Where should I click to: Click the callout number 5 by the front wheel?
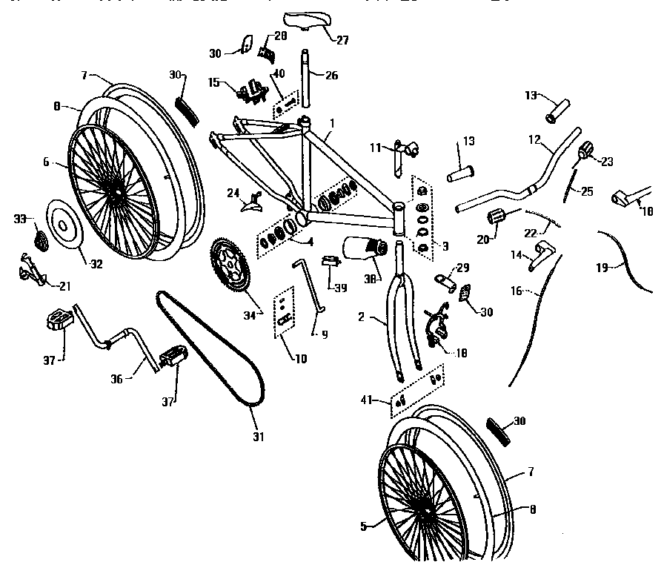click(364, 527)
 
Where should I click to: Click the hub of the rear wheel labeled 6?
click(117, 194)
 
